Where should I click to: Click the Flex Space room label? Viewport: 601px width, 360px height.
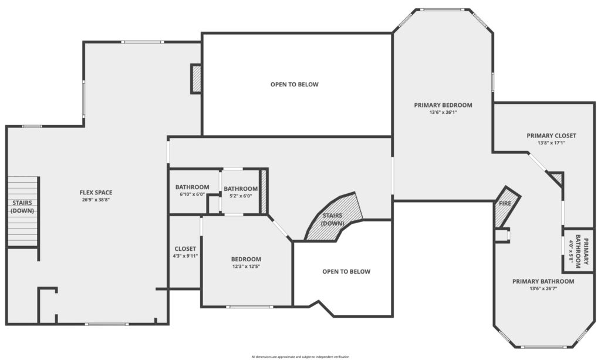coord(96,193)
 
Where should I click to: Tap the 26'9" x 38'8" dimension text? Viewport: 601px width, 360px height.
coord(96,199)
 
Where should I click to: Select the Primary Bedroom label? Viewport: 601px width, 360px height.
coord(443,105)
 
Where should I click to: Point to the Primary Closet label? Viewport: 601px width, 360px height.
coord(551,136)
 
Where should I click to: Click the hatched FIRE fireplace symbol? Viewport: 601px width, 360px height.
coord(505,207)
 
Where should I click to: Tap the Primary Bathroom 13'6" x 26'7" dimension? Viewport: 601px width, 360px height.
coord(543,288)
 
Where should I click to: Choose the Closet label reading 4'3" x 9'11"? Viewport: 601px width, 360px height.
coord(185,252)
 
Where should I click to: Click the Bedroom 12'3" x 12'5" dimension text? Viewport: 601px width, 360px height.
coord(246,266)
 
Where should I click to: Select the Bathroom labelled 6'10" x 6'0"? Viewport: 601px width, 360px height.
coord(192,190)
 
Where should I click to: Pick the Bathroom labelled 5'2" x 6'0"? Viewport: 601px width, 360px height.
coord(241,191)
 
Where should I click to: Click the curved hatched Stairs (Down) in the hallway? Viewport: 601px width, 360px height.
coord(333,217)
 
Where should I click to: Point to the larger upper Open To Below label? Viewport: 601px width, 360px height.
coord(295,85)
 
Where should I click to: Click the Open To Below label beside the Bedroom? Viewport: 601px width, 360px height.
coord(346,271)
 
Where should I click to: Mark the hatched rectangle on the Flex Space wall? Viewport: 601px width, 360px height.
coord(196,79)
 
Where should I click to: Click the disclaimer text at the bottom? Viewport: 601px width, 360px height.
coord(300,356)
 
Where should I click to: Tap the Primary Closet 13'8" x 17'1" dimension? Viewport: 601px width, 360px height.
coord(551,143)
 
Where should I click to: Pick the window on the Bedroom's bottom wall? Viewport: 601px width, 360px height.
coord(249,307)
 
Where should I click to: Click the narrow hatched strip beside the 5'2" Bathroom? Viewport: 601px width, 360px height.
coord(264,191)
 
